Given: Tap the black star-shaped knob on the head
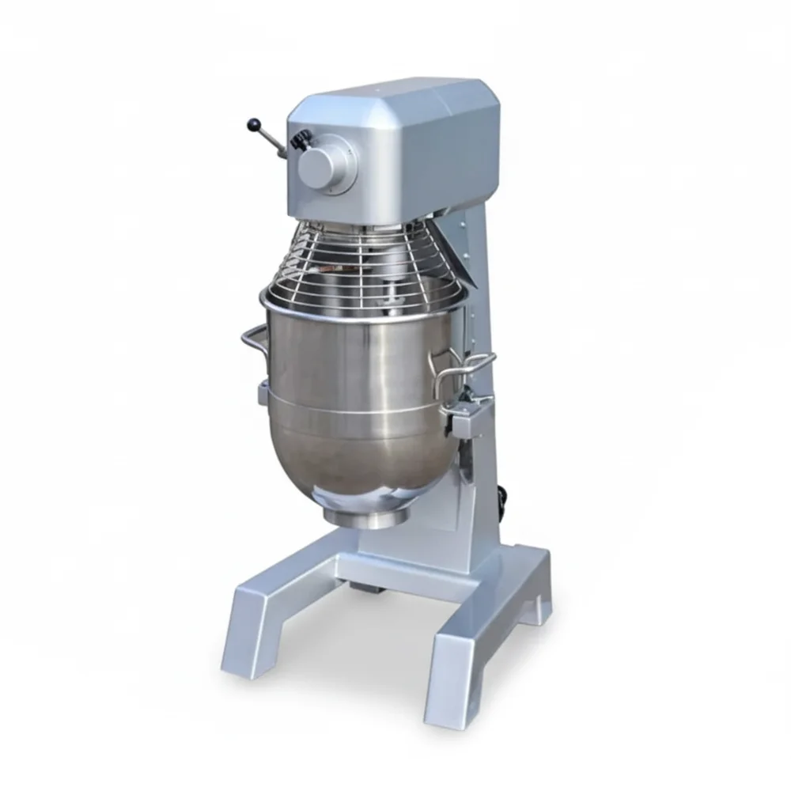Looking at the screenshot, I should pos(300,140).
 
